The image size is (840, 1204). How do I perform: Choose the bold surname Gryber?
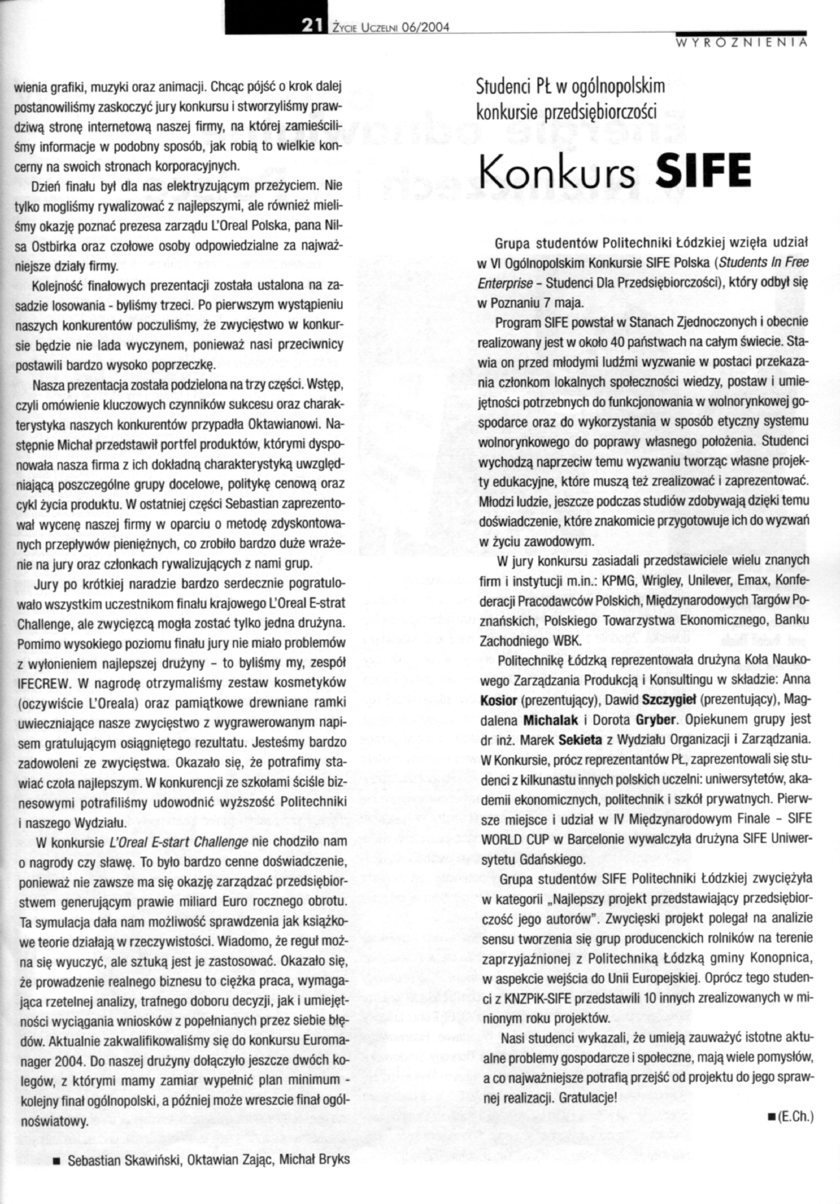(655, 719)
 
